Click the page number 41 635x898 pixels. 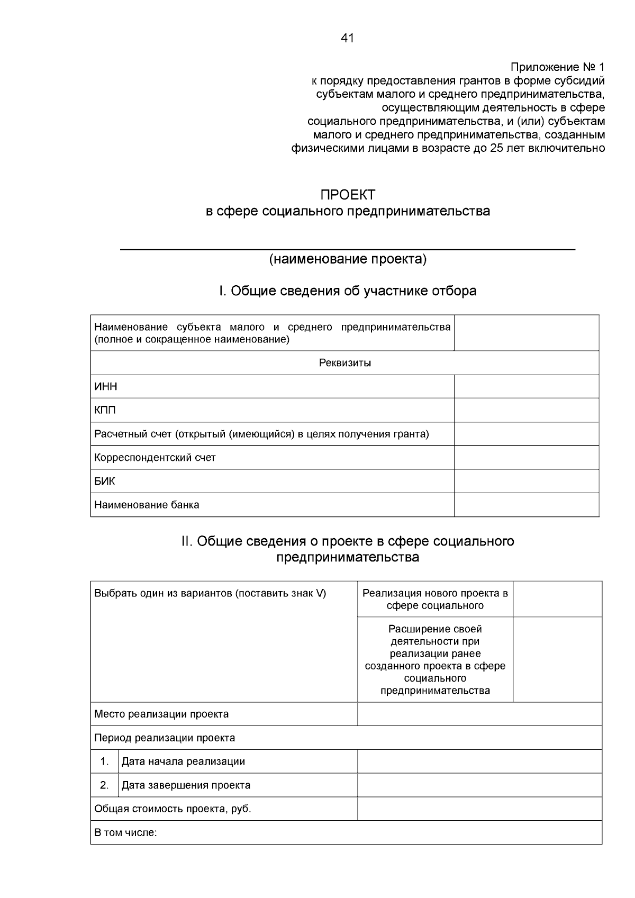(348, 38)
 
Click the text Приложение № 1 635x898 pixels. (557, 67)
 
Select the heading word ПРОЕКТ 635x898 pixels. (348, 195)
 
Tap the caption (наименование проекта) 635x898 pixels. (348, 259)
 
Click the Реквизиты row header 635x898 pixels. (344, 363)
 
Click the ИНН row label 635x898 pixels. (106, 387)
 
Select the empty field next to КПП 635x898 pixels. (526, 410)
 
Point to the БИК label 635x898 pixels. (104, 481)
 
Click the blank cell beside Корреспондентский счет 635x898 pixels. (526, 457)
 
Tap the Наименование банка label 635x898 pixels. (147, 505)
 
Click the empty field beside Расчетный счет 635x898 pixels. (526, 434)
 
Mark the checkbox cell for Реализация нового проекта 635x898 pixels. (557, 599)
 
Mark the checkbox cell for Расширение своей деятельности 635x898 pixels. (557, 659)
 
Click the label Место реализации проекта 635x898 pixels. (161, 714)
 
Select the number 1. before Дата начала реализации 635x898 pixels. (104, 761)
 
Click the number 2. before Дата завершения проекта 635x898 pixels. (104, 785)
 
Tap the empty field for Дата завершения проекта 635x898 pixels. (479, 785)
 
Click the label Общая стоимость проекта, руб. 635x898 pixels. (173, 809)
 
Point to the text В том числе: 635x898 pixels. (125, 833)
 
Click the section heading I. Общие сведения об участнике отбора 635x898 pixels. (348, 291)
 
